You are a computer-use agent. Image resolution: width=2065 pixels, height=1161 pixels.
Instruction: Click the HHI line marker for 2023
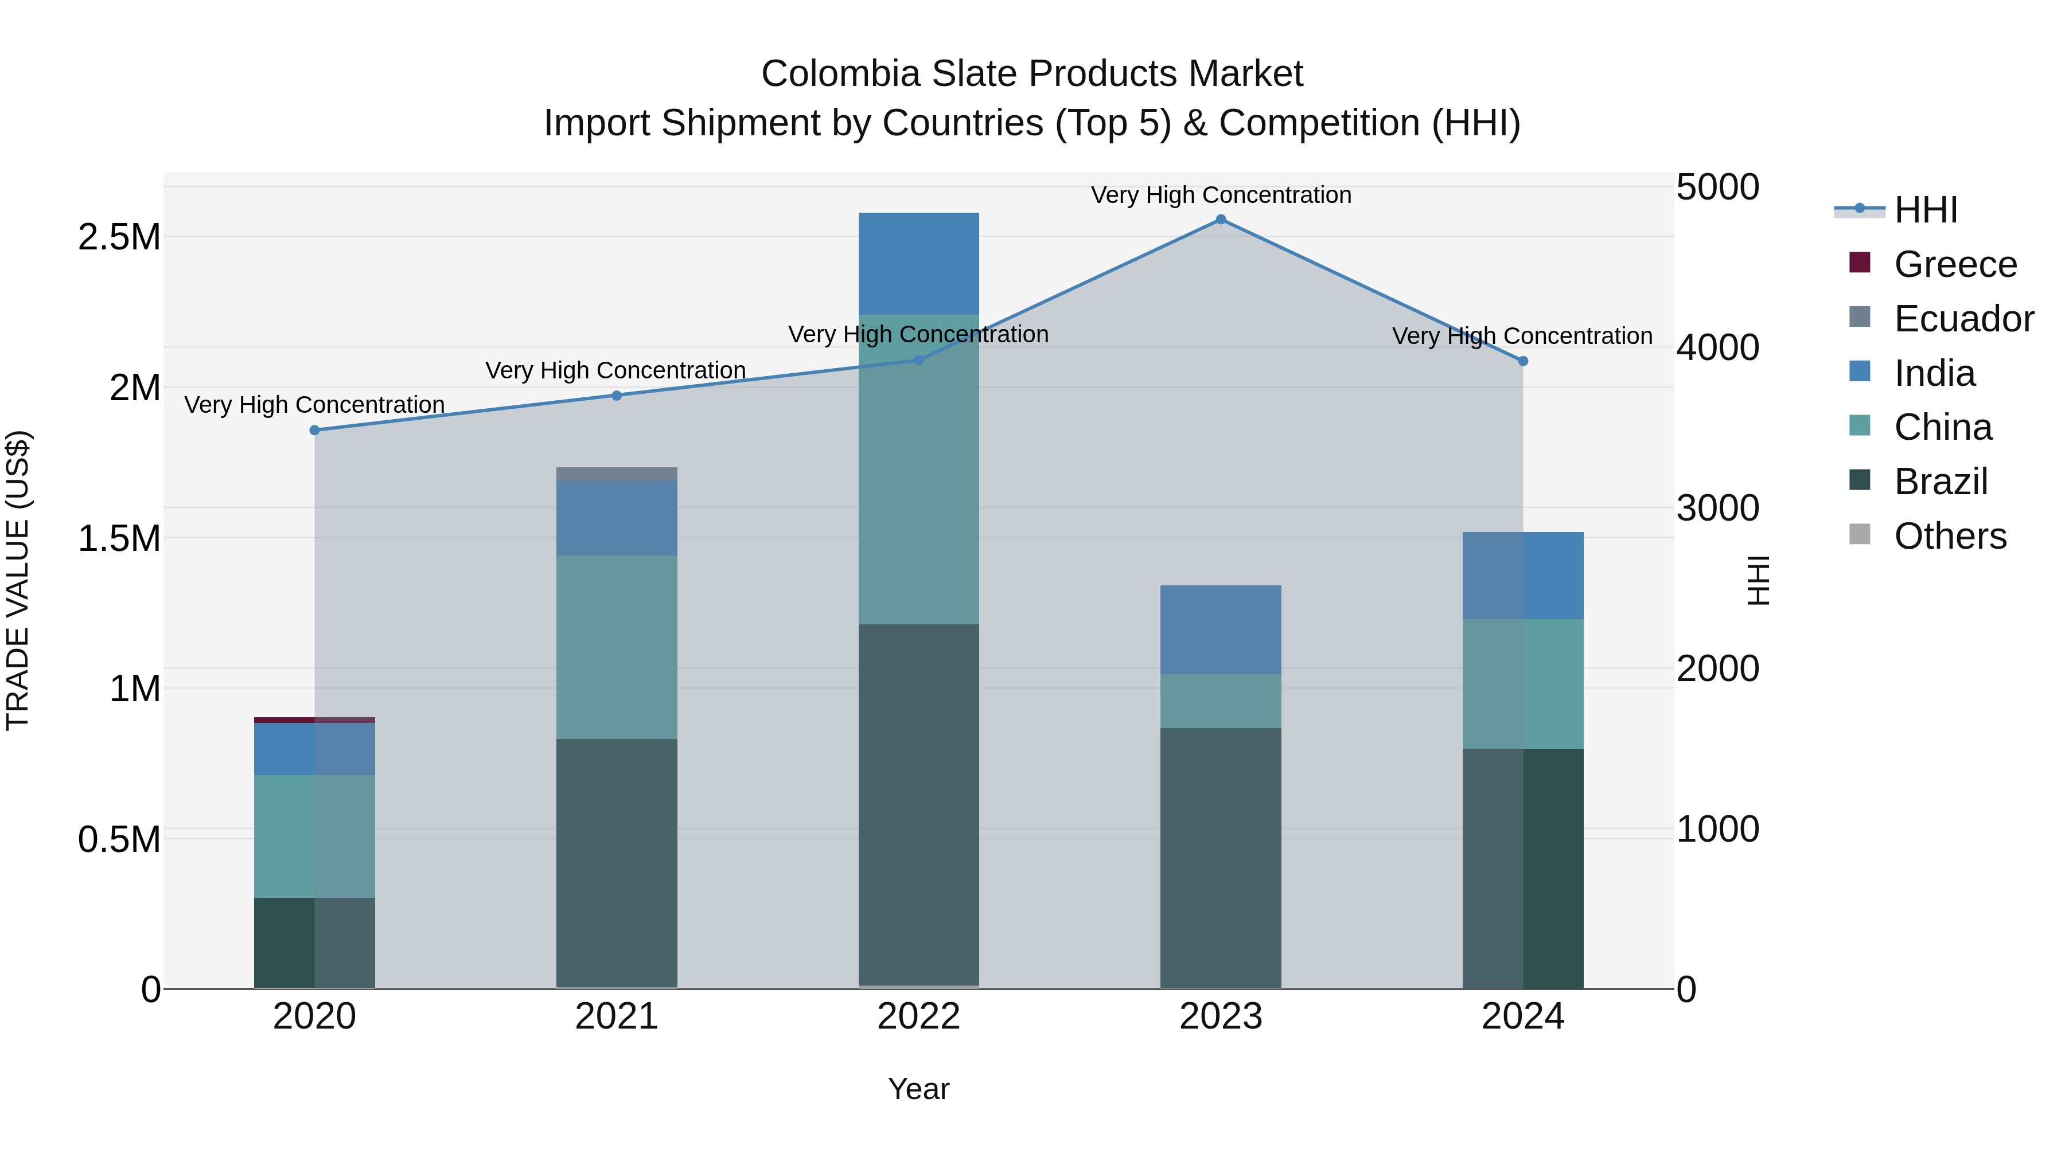(1220, 220)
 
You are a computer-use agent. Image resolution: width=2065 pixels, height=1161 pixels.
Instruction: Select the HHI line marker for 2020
(314, 430)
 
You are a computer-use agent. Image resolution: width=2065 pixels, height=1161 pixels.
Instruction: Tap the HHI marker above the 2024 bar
(1523, 361)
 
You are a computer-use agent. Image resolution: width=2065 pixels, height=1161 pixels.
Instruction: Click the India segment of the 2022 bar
(919, 264)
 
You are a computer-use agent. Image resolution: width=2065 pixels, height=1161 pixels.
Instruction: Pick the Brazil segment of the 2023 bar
(1220, 857)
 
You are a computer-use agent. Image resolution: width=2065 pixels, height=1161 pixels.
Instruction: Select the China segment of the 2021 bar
(617, 647)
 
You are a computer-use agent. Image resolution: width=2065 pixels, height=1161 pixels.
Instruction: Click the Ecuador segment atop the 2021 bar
(617, 474)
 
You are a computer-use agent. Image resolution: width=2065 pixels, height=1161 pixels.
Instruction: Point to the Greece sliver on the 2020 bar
(314, 720)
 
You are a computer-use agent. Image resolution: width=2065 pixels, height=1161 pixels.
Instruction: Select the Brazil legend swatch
(1859, 481)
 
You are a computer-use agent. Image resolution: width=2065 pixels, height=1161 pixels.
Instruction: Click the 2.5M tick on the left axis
(119, 238)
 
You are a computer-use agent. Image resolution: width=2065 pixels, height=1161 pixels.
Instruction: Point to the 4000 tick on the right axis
(1717, 348)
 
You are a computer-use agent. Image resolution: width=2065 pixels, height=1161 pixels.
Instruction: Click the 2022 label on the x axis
(919, 1017)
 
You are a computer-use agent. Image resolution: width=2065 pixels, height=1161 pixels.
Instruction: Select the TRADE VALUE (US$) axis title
(18, 580)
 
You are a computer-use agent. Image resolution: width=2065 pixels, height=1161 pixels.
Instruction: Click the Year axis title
(919, 1089)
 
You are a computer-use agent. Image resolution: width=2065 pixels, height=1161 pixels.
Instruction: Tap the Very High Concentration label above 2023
(1220, 195)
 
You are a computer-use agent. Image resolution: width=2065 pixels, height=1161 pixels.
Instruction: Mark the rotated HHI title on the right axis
(1757, 580)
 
